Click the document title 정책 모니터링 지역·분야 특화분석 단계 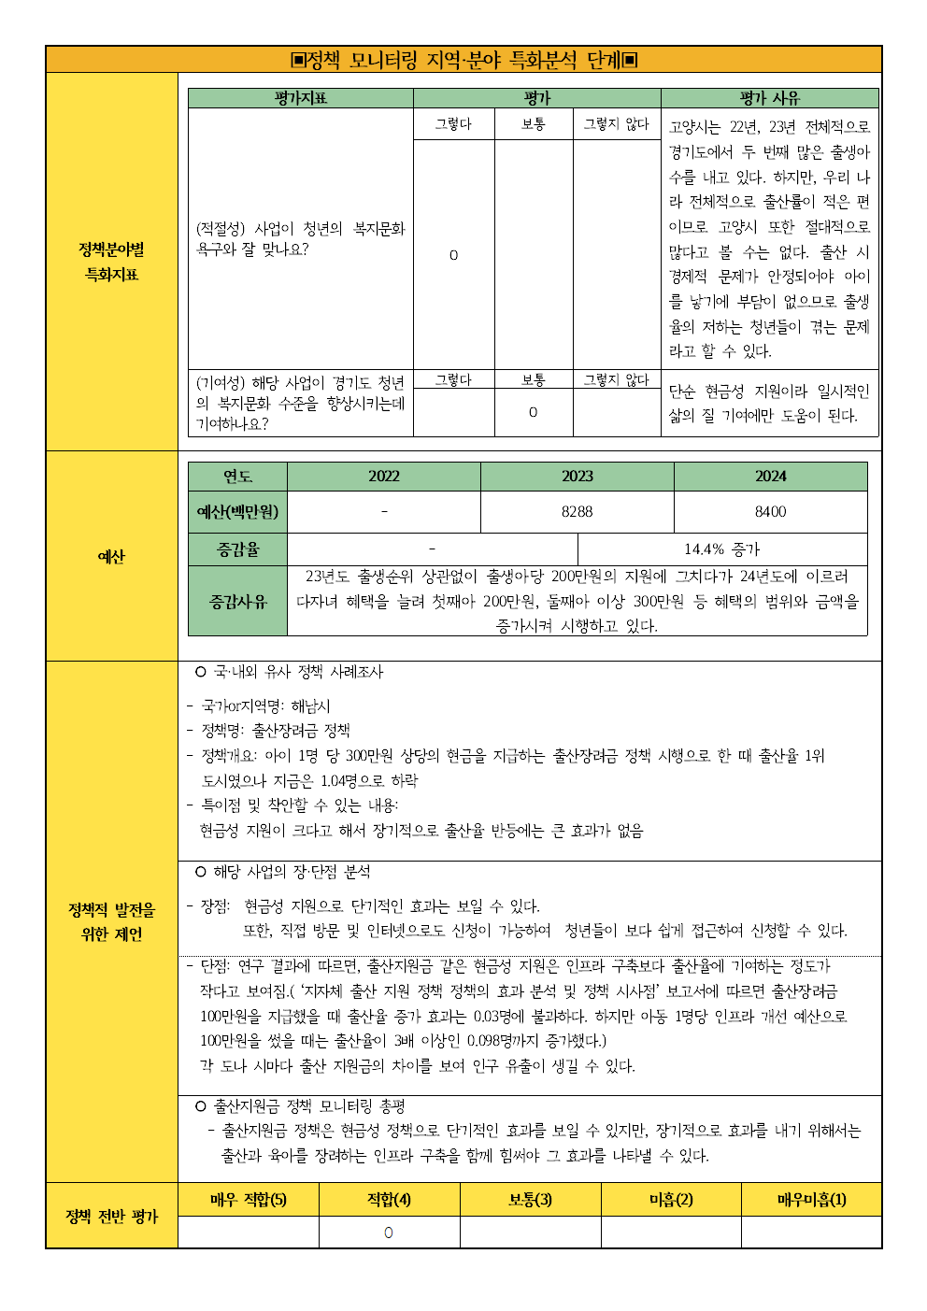coord(463,60)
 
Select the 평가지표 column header coord(300,98)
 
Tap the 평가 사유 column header coord(769,98)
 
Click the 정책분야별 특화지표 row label coord(111,262)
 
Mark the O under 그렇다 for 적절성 coord(453,255)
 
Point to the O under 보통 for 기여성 coord(533,412)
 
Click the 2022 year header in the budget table coord(383,477)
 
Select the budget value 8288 coord(577,512)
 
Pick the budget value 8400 coord(770,512)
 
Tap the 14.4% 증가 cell coord(721,549)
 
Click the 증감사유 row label coord(237,602)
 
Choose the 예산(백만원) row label coord(237,512)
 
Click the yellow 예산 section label coord(111,557)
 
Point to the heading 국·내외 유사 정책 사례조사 coord(297,672)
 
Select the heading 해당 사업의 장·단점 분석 coord(291,872)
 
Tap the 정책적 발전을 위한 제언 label coord(111,921)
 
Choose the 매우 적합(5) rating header coord(248,1200)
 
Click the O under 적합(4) coord(389,1233)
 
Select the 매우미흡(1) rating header coord(811,1200)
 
